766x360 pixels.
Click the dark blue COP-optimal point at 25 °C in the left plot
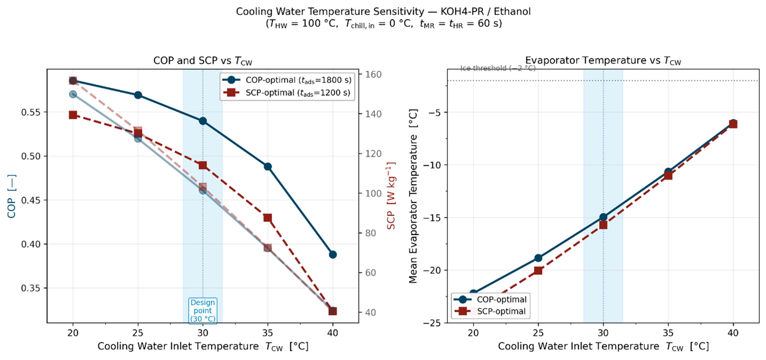[138, 95]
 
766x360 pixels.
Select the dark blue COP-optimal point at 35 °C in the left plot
[268, 166]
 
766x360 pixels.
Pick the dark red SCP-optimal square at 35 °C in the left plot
[268, 218]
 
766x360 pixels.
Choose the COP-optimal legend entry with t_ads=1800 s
[287, 80]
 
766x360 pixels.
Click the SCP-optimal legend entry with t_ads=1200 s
[287, 93]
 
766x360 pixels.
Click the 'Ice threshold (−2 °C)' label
[498, 68]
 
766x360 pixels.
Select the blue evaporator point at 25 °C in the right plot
[538, 258]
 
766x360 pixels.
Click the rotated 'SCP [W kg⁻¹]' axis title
[391, 195]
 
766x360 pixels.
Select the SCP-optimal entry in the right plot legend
[491, 311]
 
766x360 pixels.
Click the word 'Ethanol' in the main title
[512, 11]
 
